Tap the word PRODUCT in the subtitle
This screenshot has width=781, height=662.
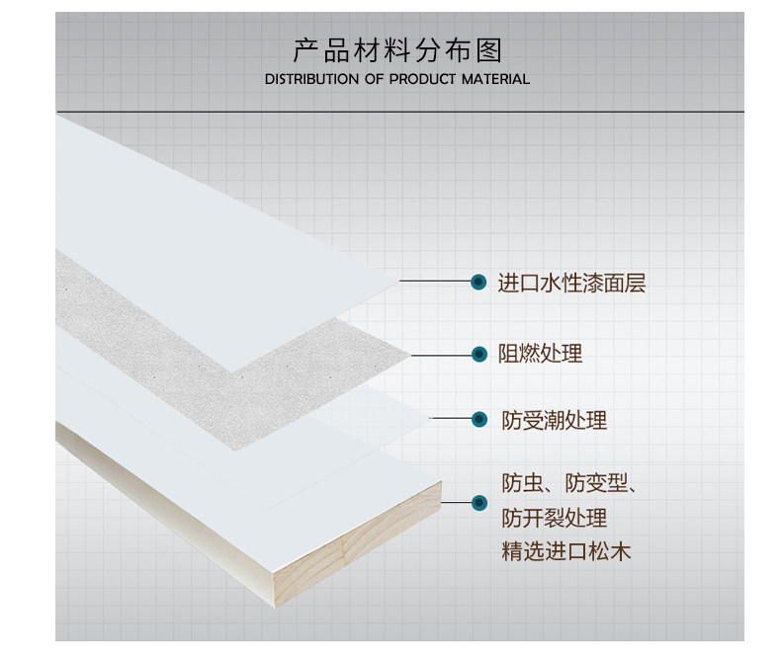click(x=423, y=79)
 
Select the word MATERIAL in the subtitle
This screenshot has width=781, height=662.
click(x=495, y=79)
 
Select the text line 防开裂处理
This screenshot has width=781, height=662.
click(x=554, y=518)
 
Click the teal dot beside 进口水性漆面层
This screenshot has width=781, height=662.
click(x=478, y=284)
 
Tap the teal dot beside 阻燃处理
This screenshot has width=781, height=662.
click(x=478, y=353)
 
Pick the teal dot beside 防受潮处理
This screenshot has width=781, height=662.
click(x=478, y=420)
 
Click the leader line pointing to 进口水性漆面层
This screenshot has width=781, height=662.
click(x=435, y=284)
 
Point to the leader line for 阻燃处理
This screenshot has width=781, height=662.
click(x=440, y=353)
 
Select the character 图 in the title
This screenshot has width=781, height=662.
click(x=491, y=49)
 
